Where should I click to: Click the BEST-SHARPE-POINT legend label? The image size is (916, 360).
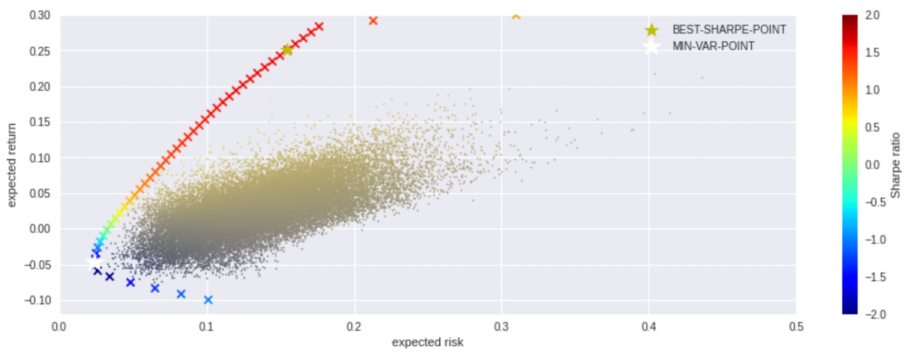coord(729,30)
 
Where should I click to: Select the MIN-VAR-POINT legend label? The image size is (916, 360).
coord(713,46)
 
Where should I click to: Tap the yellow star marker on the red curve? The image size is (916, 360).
coord(287,50)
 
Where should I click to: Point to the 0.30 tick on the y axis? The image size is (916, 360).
coord(40,15)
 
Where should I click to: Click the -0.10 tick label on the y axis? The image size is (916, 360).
coord(37,301)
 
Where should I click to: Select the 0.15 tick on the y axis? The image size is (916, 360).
coord(40,122)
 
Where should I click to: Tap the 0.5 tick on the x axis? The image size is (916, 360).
coord(796,326)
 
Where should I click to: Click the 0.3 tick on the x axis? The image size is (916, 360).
coord(501,326)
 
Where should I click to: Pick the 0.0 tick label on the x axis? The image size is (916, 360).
coord(59,326)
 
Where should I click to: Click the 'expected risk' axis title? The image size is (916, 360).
coord(427,342)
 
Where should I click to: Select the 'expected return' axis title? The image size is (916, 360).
coord(12,165)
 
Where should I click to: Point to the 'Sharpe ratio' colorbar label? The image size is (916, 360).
coord(895,165)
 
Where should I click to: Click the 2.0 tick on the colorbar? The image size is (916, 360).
coord(872,15)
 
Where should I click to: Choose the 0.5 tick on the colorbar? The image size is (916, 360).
coord(872,128)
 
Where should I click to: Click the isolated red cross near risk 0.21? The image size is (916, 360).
coord(373,21)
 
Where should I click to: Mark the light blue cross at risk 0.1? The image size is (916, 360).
coord(208,300)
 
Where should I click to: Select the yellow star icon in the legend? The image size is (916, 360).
coord(652,30)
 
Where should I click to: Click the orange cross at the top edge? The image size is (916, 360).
coord(516,17)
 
